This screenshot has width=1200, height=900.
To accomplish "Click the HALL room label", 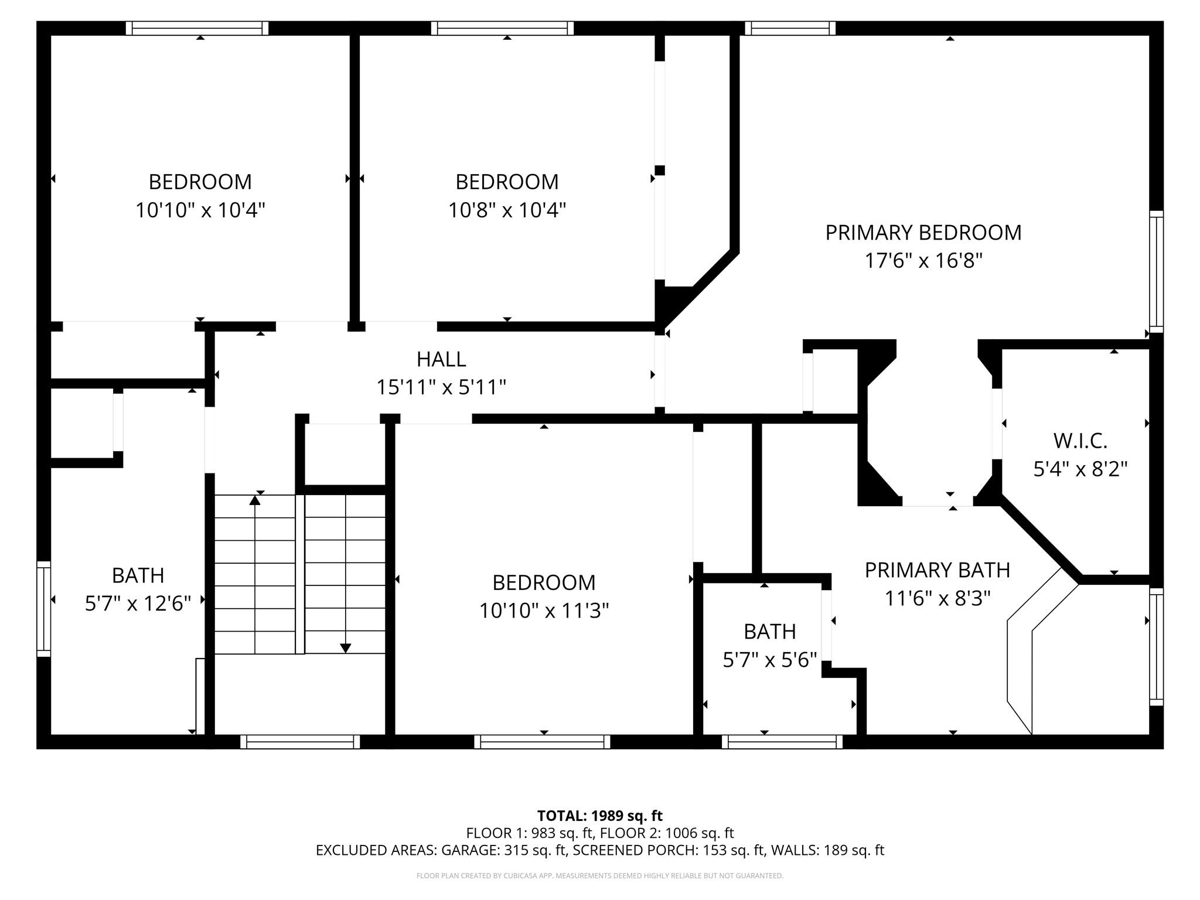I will click(441, 359).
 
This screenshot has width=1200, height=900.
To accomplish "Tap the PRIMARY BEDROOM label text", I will click(923, 233).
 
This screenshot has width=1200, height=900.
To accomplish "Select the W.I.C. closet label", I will click(1080, 441).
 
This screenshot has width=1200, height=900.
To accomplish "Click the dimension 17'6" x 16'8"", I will click(923, 261).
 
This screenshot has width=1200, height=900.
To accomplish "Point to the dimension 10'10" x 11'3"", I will click(544, 611).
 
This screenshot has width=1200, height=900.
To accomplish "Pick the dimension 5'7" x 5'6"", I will click(769, 660).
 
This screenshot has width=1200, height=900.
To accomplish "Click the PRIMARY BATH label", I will click(937, 570).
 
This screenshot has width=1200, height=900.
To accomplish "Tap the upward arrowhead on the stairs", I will click(255, 500).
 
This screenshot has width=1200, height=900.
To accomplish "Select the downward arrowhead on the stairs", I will click(346, 648).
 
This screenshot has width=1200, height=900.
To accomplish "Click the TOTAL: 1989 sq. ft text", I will click(599, 816).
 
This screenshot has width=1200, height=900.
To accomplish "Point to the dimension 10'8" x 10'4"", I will click(507, 210).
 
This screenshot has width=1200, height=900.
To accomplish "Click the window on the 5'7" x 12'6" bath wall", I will click(43, 608).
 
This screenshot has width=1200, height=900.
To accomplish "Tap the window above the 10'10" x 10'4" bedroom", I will click(197, 28).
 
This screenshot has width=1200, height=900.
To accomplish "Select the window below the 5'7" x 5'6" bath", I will click(782, 742).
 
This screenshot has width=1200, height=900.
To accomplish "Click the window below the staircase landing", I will click(300, 742).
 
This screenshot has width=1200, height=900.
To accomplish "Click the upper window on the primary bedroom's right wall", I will click(1155, 271).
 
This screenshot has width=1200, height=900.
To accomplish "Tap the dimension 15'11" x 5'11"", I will click(441, 387).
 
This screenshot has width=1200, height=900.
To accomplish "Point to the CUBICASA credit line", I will click(599, 876).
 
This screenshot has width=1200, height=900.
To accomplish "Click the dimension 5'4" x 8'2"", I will click(1080, 469).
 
